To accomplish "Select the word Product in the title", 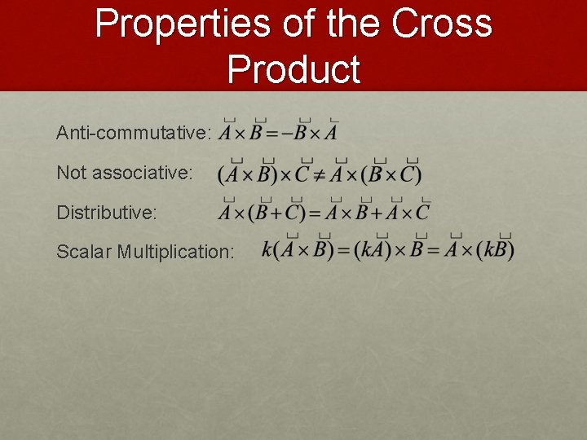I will point(293,69).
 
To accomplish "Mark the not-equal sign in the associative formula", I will point(320,174).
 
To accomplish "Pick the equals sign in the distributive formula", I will point(314,213).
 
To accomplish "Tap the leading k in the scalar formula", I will point(267,250).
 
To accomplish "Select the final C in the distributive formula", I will point(421,213).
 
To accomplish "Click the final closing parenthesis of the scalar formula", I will point(510,250).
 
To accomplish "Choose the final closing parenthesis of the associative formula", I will point(417,174).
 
